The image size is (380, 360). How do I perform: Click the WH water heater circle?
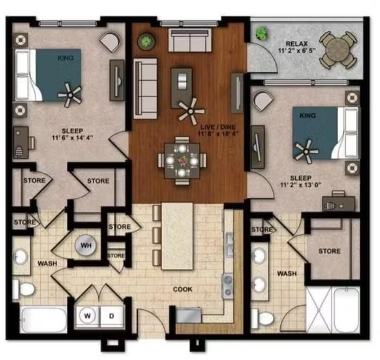(x=86, y=245)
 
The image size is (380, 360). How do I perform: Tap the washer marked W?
(x=87, y=316)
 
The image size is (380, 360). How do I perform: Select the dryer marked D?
(x=112, y=316)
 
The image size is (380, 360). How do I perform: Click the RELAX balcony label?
(x=297, y=44)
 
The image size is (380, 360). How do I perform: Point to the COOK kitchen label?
(x=183, y=289)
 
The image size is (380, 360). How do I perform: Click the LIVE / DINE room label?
(x=218, y=127)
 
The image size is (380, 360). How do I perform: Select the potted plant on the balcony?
(x=262, y=33)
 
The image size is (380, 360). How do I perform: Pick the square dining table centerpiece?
(x=182, y=161)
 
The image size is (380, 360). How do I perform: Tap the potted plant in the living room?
(x=146, y=41)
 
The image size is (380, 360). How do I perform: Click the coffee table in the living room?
(x=182, y=88)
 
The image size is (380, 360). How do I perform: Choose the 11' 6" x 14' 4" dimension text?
(x=72, y=138)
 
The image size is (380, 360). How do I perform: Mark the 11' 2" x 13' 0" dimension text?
(x=301, y=185)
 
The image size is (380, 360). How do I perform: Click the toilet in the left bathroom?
(x=24, y=289)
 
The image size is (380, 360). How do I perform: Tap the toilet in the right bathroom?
(x=263, y=318)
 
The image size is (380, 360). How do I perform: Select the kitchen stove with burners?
(x=228, y=286)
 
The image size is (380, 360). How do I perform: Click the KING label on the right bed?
(x=308, y=115)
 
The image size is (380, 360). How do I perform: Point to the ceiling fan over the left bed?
(x=70, y=95)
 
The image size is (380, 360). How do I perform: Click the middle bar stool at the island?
(x=157, y=235)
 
